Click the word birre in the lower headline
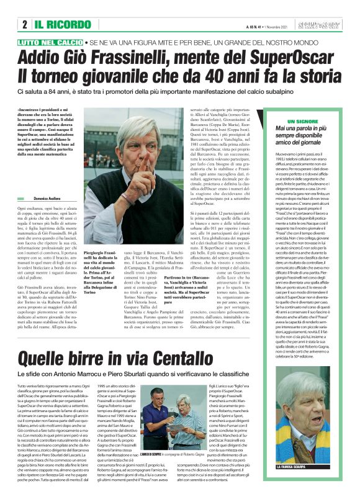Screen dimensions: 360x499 tap(104, 358)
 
